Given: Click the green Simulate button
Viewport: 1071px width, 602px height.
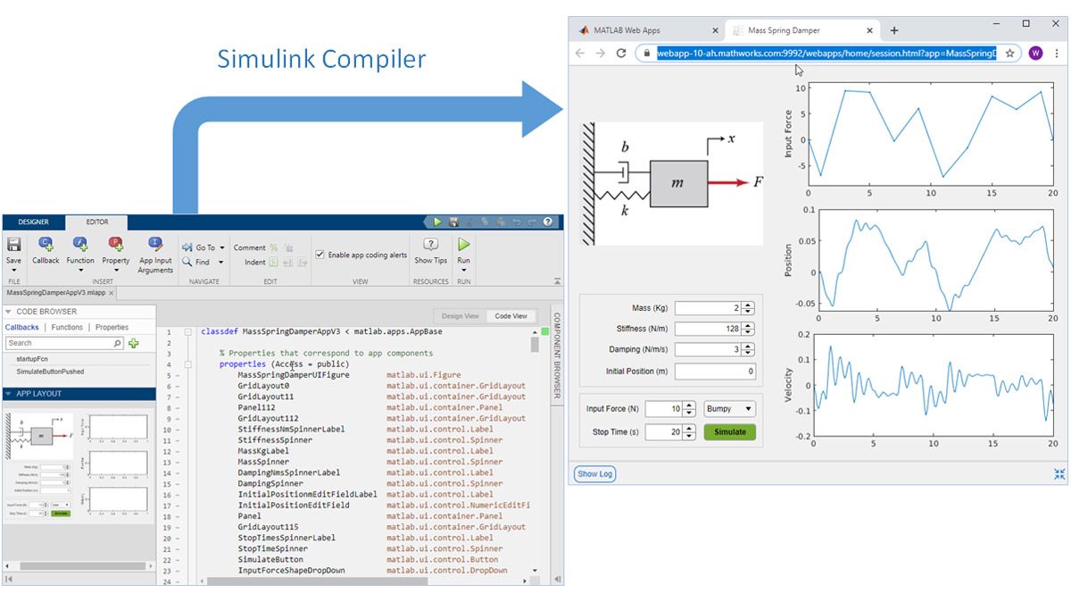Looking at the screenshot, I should point(729,432).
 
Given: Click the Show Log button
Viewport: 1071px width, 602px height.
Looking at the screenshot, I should point(594,474).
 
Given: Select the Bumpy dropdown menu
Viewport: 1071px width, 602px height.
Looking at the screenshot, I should point(729,409).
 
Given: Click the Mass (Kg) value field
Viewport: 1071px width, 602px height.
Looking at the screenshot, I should point(707,308).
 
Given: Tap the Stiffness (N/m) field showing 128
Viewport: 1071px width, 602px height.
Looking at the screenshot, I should point(707,330).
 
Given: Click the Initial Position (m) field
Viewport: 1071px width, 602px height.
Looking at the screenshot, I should point(715,372).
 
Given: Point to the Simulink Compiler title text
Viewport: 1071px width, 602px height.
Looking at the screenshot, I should point(321,60).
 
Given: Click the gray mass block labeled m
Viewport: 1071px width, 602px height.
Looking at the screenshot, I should point(678,183).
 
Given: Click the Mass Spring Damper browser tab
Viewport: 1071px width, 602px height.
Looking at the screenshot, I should point(786,29).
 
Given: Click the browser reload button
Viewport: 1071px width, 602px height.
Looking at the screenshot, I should point(621,54).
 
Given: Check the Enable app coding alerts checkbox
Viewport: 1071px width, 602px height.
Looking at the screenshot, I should point(320,255).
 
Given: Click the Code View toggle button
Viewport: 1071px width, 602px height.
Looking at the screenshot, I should point(511,316).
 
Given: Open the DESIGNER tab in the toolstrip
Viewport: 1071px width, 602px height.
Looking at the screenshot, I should point(34,222).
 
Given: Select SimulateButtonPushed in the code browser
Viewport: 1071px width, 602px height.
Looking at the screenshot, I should point(50,371).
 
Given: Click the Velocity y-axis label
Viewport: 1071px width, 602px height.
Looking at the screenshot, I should point(788,385).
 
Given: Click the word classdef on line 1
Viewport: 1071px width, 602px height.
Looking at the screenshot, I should point(219,331).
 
